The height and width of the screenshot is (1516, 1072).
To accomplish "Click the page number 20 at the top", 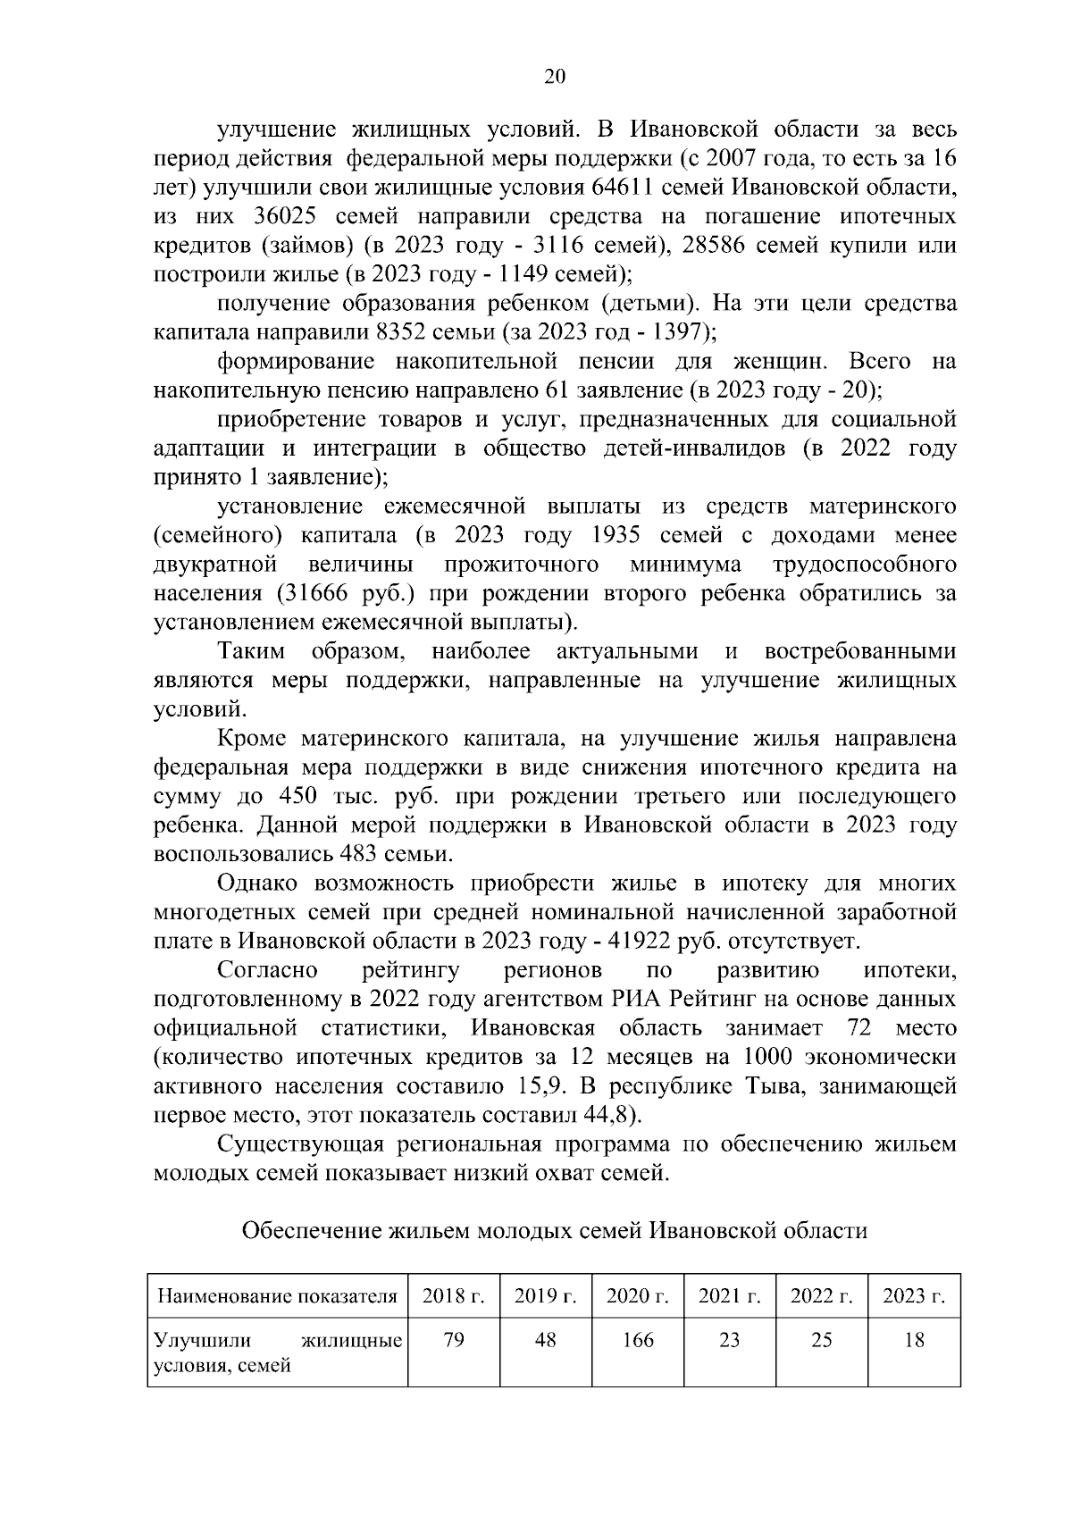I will coord(554,77).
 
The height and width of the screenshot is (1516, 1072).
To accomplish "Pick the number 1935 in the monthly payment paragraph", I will coord(616,535).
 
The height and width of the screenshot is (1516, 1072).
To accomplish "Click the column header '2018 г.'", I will coord(453,1295).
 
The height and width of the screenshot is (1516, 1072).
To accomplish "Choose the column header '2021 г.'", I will coord(729,1295).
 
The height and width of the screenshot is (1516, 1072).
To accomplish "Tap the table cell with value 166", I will coord(637,1340).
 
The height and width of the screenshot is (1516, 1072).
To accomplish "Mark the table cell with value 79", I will coord(453,1340).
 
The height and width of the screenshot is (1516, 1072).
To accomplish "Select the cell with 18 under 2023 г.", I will coord(913,1340).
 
